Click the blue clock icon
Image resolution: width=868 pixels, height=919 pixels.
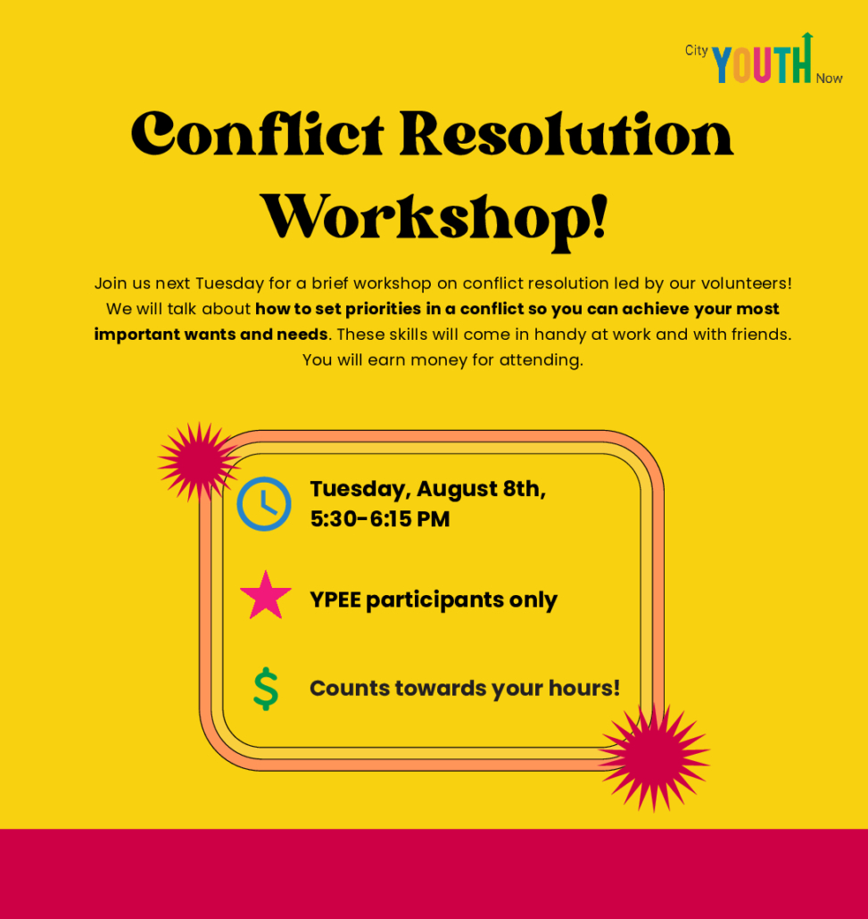tap(264, 504)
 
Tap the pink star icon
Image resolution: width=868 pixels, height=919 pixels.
tap(266, 595)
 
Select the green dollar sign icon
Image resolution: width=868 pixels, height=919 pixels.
tap(266, 689)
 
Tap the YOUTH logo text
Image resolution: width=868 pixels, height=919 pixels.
tap(762, 63)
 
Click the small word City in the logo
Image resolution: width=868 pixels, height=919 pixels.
tap(697, 51)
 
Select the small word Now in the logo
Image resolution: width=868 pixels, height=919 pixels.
tap(830, 79)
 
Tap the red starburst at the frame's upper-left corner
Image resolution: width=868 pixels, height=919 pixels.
tap(199, 462)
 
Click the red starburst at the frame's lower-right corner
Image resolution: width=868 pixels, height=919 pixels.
tap(654, 758)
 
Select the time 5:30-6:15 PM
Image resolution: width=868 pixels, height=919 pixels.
tap(380, 519)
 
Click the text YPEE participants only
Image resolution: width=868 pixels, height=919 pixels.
tap(434, 600)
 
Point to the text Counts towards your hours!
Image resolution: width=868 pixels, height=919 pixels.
tap(464, 688)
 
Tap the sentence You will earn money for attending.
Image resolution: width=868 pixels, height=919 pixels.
tap(442, 360)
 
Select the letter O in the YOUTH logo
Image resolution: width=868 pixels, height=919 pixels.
tap(741, 65)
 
